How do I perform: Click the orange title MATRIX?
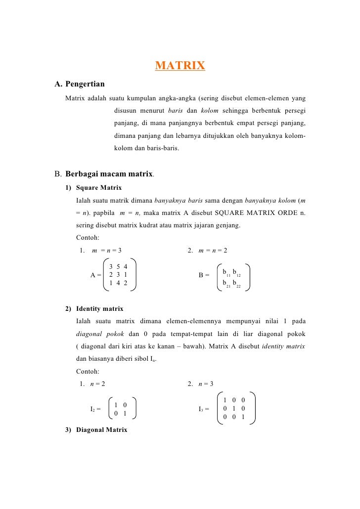(180, 66)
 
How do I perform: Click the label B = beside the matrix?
(204, 275)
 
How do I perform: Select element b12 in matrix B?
(236, 273)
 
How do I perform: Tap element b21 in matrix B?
(226, 284)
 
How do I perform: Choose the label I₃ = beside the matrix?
(203, 409)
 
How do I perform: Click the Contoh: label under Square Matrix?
(88, 238)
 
